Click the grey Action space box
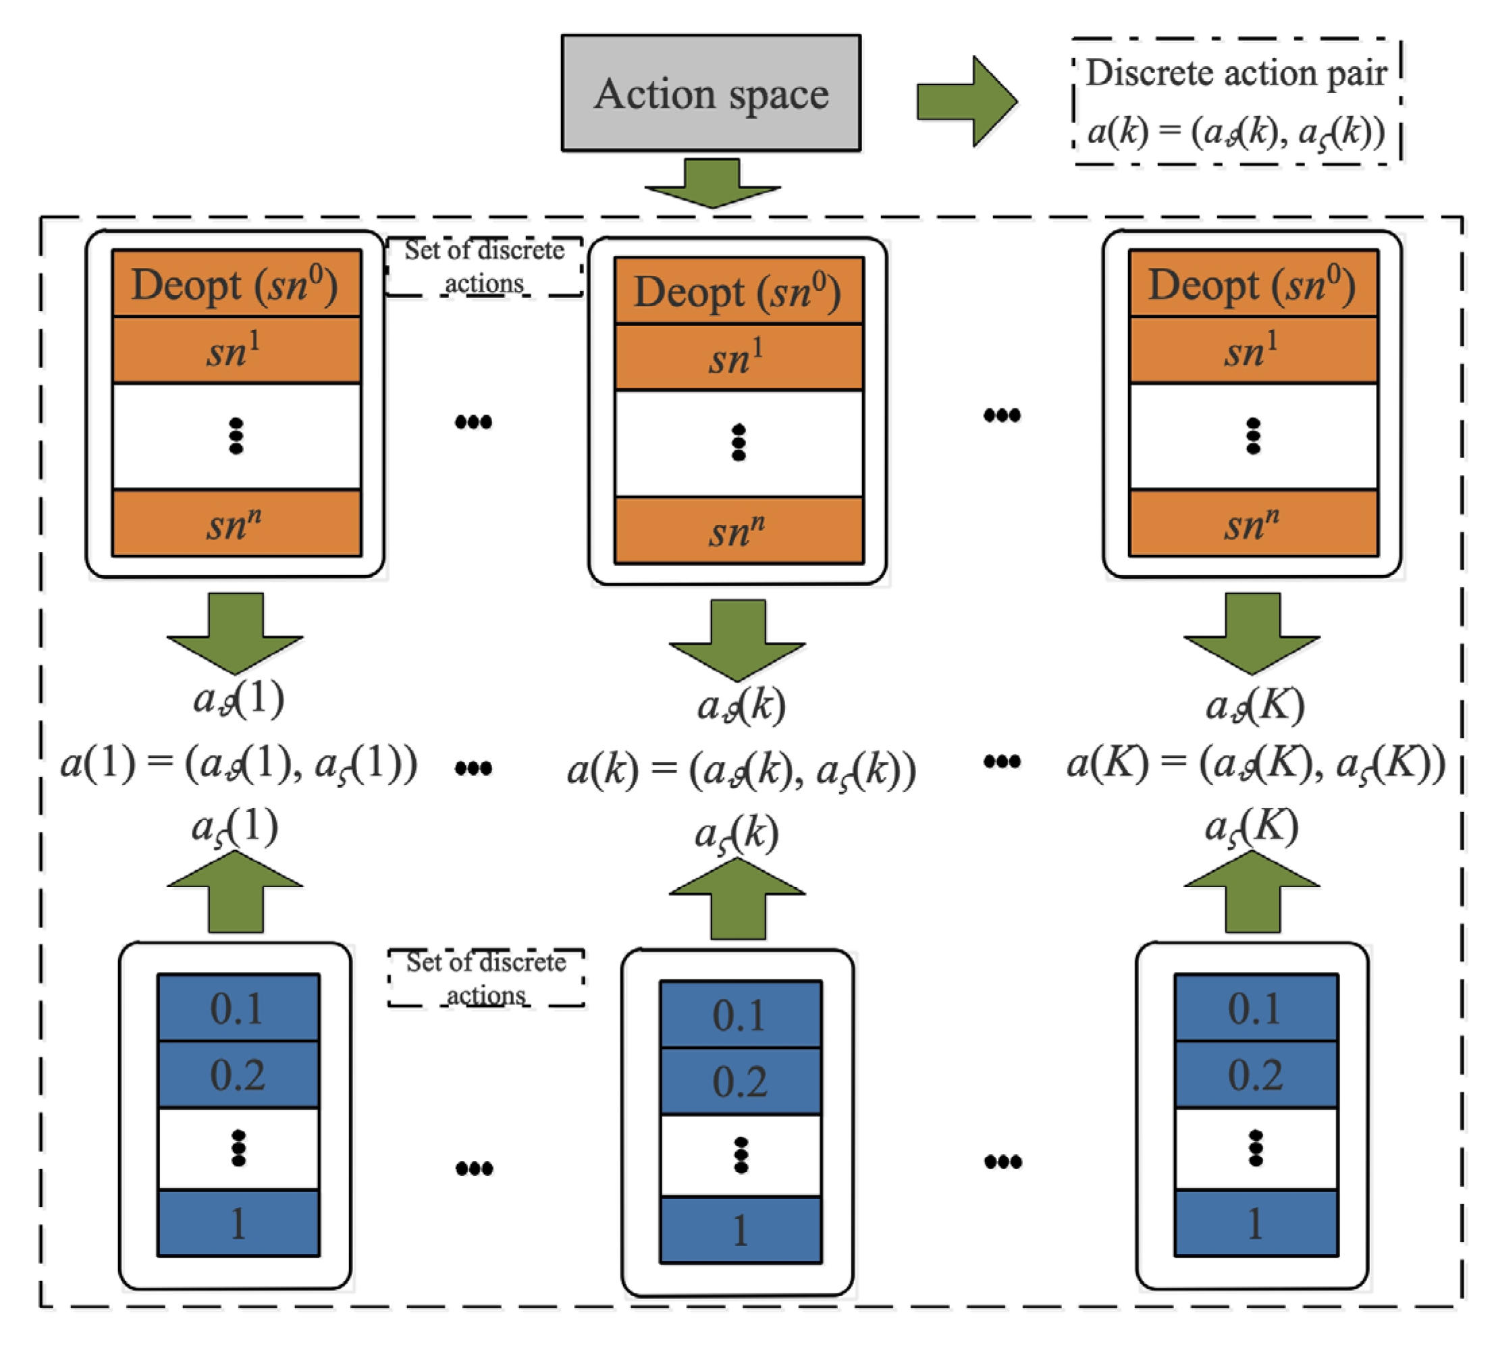click(x=710, y=93)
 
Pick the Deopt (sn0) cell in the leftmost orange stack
click(x=236, y=284)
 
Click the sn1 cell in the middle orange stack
click(x=738, y=357)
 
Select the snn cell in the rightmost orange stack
click(x=1252, y=523)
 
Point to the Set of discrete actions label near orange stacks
click(x=484, y=267)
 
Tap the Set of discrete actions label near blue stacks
click(x=486, y=978)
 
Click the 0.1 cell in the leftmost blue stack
click(x=238, y=1008)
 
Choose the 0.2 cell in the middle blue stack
click(x=740, y=1081)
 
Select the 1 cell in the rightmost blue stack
click(x=1255, y=1223)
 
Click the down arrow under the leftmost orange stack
click(x=236, y=632)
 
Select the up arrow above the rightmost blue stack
click(x=1252, y=892)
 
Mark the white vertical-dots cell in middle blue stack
click(x=740, y=1155)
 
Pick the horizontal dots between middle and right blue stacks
click(x=1003, y=1162)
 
